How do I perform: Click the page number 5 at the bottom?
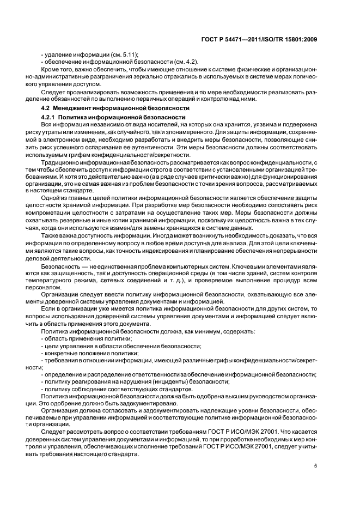[316, 465]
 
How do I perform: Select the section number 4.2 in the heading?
[45, 109]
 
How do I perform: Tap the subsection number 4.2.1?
[48, 117]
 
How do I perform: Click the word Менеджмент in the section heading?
[72, 109]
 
